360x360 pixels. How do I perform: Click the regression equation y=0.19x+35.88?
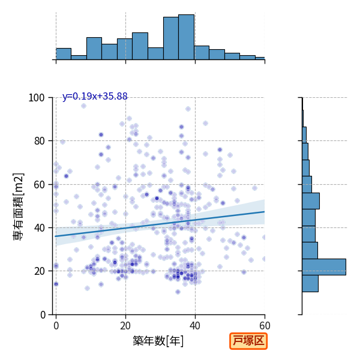pos(95,97)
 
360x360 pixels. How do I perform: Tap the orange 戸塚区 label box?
pos(248,341)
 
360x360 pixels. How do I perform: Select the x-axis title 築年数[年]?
pos(158,341)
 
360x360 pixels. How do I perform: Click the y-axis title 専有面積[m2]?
pos(19,206)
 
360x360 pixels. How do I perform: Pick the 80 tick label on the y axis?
pos(39,141)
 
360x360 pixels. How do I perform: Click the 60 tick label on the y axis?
pos(39,184)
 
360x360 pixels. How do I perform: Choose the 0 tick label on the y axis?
pos(43,314)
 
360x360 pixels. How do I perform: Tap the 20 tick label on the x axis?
pos(125,326)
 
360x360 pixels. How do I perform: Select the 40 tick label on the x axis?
pos(195,326)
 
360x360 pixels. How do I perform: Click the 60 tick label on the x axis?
pos(265,326)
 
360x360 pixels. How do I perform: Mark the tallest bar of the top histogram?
pos(186,37)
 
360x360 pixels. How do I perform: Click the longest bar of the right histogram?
pos(324,267)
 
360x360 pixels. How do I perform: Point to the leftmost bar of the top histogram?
pos(64,54)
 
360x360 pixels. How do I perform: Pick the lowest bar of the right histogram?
pos(310,284)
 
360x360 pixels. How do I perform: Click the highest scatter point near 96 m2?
pos(83,106)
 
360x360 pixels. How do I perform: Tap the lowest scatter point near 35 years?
pos(178,292)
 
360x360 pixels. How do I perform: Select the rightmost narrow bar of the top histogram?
pos(260,59)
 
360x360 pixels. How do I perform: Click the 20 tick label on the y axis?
pos(39,271)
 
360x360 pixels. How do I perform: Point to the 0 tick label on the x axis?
pos(56,326)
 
